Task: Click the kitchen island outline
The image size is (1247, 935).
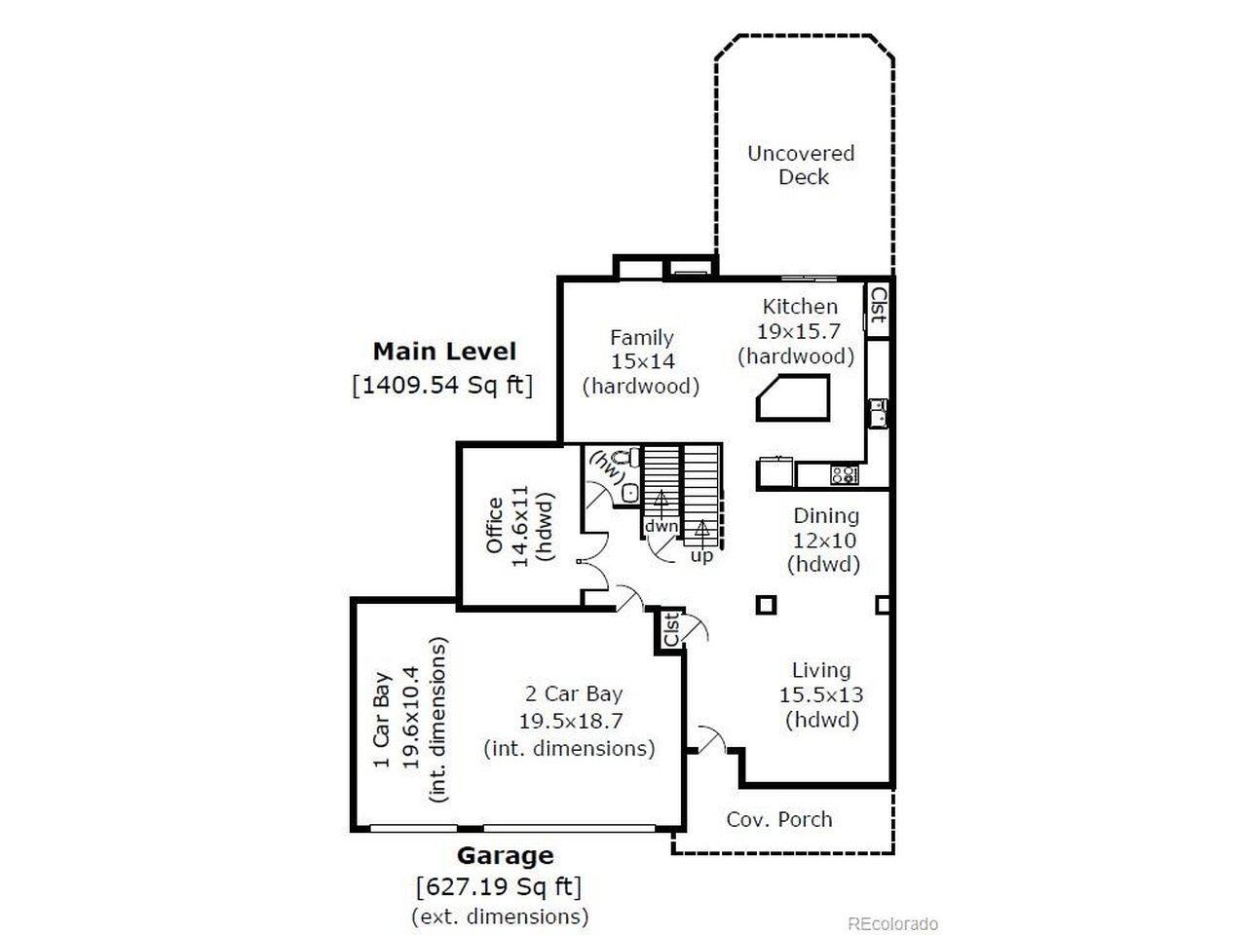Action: pyautogui.click(x=793, y=399)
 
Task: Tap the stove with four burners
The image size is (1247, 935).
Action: pyautogui.click(x=844, y=475)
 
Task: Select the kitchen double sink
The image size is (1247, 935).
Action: pyautogui.click(x=878, y=413)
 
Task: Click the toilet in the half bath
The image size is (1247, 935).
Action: pyautogui.click(x=631, y=457)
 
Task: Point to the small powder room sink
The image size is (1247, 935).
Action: pyautogui.click(x=629, y=493)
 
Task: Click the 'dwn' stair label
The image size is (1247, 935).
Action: pyautogui.click(x=661, y=526)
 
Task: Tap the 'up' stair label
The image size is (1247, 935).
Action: pyautogui.click(x=701, y=556)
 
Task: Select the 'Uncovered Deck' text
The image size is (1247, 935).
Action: pyautogui.click(x=801, y=165)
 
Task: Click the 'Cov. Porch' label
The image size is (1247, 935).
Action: pyautogui.click(x=779, y=819)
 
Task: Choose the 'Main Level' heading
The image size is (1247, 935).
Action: pyautogui.click(x=444, y=351)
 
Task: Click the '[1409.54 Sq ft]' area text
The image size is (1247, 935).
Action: pyautogui.click(x=442, y=385)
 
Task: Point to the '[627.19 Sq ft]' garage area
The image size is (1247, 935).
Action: pyautogui.click(x=499, y=887)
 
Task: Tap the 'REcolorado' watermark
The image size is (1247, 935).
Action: pyautogui.click(x=891, y=923)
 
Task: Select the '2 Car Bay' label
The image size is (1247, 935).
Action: pyautogui.click(x=573, y=694)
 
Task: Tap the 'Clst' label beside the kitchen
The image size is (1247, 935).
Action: pyautogui.click(x=878, y=305)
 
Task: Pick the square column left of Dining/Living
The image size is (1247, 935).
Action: pyautogui.click(x=766, y=605)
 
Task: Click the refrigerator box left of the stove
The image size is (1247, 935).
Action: pyautogui.click(x=776, y=473)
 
